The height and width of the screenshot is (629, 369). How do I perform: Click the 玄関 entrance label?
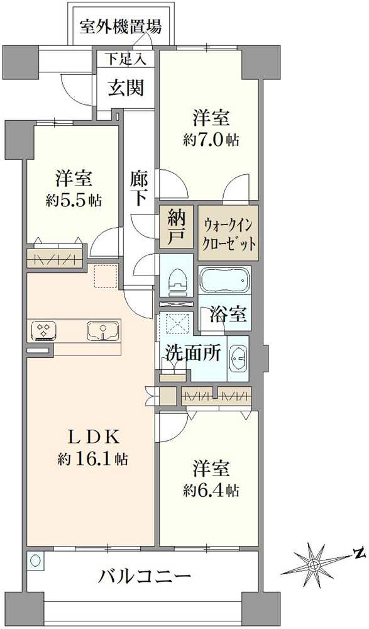(126, 87)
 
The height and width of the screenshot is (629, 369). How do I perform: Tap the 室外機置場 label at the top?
(121, 27)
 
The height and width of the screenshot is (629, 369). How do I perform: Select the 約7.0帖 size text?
(211, 140)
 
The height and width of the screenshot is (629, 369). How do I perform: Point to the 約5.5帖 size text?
(74, 201)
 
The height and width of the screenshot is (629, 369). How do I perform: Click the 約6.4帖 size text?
(211, 490)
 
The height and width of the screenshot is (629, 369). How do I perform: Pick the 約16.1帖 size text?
(92, 459)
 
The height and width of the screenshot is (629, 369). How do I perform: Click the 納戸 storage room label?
(176, 227)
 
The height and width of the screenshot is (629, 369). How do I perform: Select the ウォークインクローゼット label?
(229, 233)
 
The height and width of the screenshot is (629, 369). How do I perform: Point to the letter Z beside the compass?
(359, 554)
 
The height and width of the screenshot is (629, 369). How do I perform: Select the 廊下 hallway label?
(139, 187)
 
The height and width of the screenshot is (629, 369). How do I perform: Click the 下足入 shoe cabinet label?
(125, 60)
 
